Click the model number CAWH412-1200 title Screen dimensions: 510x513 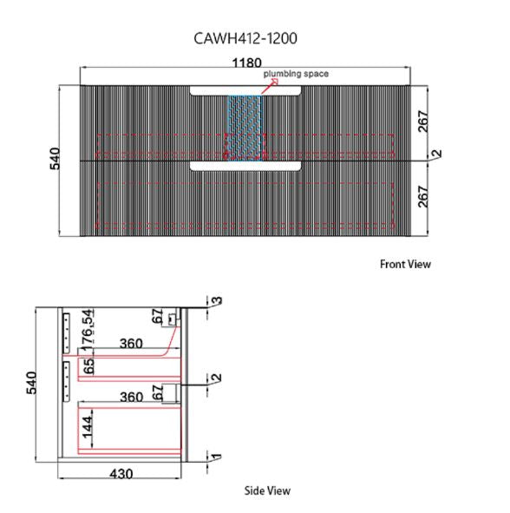[245, 38]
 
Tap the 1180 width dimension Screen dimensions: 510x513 [246, 62]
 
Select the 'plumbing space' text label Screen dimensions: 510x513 [296, 74]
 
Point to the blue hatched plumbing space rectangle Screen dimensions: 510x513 [245, 128]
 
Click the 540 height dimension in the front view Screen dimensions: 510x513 [55, 159]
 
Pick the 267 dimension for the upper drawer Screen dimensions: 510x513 [422, 122]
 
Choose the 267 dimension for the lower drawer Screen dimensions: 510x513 [422, 197]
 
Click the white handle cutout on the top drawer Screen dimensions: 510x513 [245, 90]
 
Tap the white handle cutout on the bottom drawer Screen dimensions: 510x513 [245, 166]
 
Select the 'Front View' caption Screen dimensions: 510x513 [405, 265]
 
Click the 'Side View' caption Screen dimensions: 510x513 [267, 490]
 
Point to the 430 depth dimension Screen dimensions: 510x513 [121, 474]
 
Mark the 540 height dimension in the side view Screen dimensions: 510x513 [31, 383]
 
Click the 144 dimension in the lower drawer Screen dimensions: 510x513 [87, 427]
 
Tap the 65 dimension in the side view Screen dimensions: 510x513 [88, 366]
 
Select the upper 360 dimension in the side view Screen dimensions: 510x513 [131, 344]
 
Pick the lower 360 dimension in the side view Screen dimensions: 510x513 [132, 397]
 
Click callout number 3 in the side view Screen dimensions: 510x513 [217, 300]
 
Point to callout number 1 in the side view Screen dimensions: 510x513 [217, 457]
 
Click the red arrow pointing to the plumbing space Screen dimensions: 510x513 [270, 87]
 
